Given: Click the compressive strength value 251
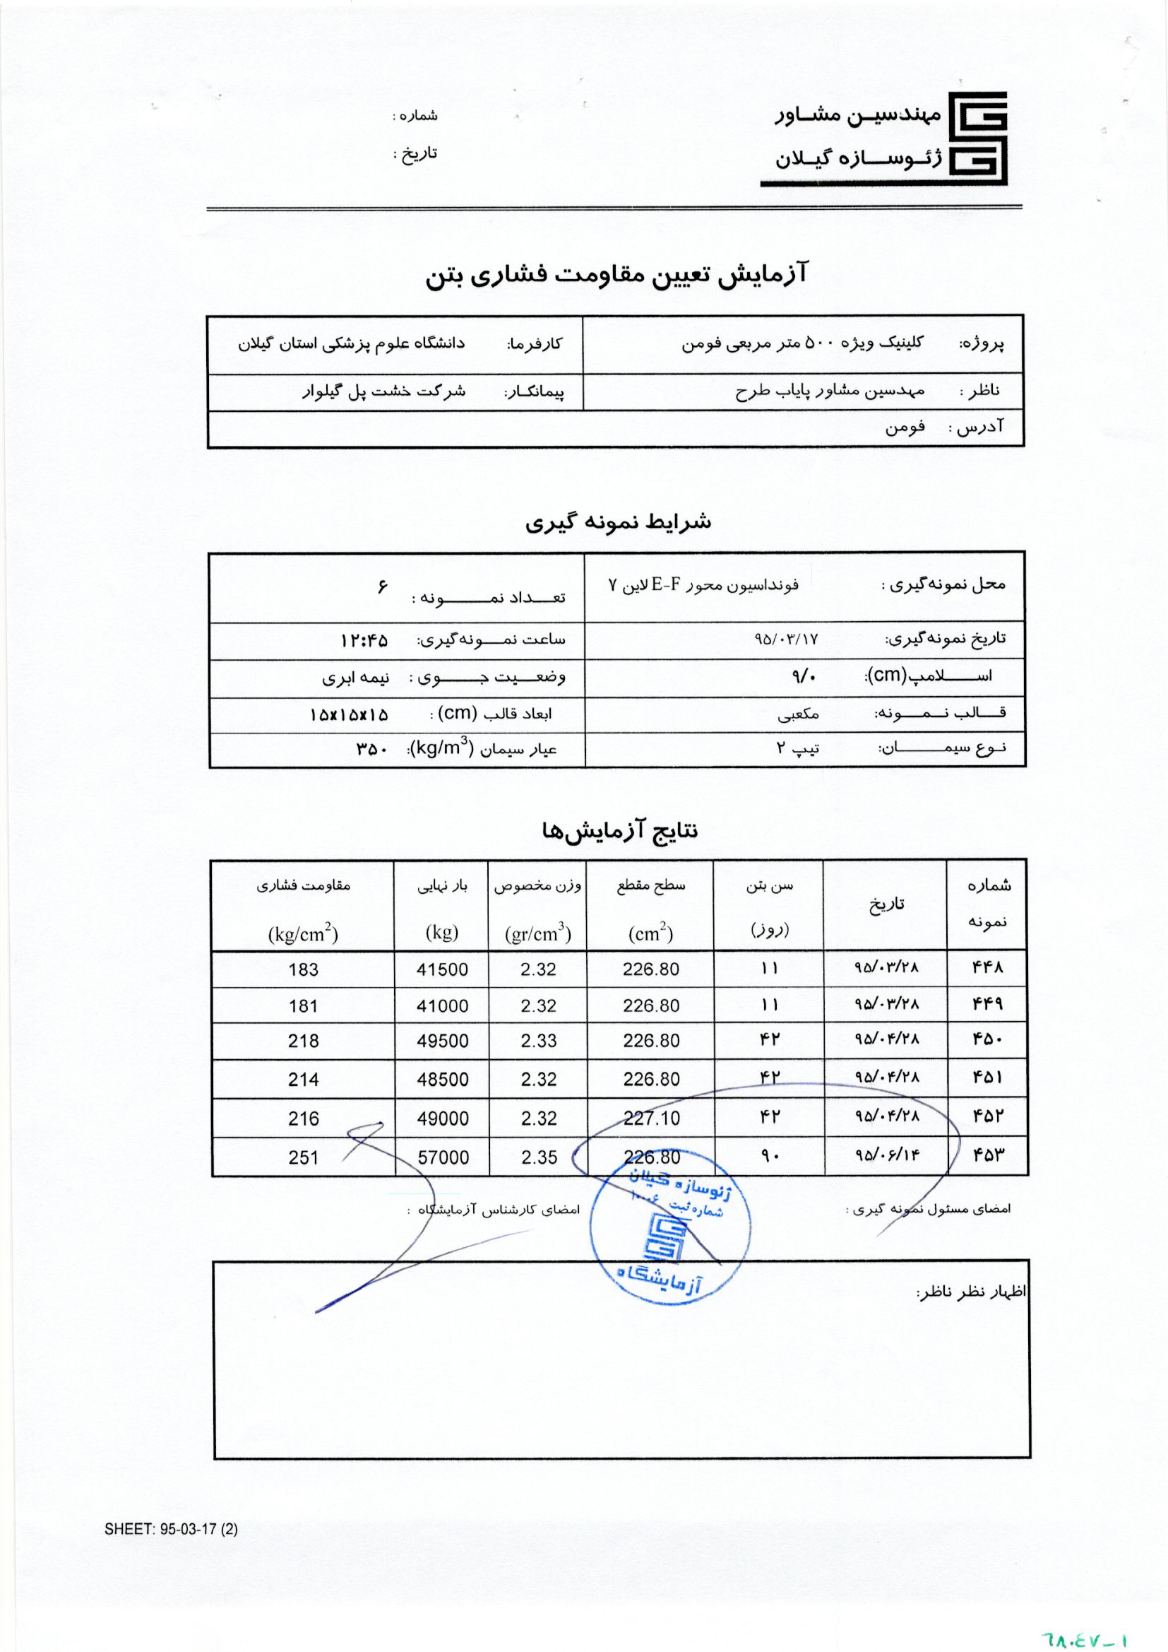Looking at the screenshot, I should (303, 1157).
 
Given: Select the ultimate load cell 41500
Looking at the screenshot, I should (441, 969).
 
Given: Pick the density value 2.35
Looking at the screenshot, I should (539, 1157).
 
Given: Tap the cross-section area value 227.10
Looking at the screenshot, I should (651, 1118).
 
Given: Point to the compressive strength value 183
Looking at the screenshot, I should (303, 969).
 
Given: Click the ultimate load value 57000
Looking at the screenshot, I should (441, 1157).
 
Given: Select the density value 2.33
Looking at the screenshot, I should (539, 1040).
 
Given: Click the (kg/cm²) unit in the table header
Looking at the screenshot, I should (303, 934).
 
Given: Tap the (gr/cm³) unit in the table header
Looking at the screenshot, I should (538, 934).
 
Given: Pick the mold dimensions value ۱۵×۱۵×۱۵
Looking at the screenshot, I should (350, 714).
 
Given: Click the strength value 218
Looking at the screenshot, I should (303, 1040).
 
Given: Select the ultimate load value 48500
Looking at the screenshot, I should (441, 1079).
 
